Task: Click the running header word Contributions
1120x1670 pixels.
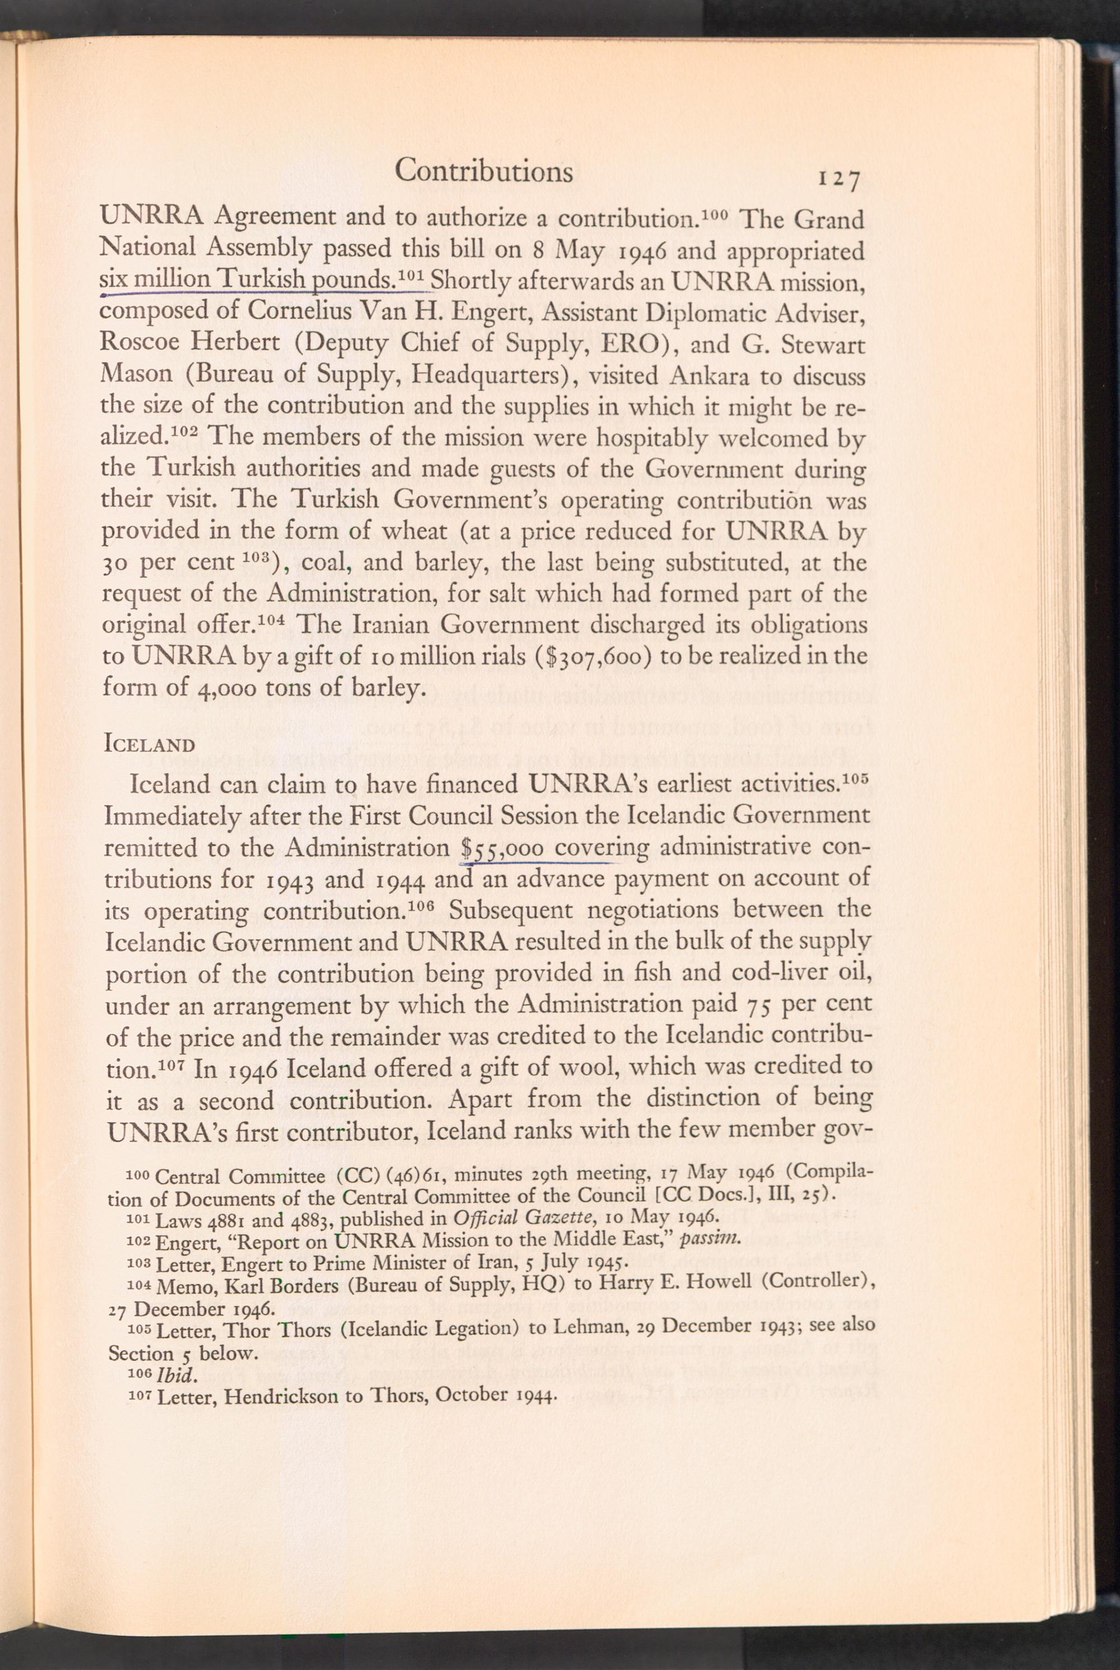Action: point(484,171)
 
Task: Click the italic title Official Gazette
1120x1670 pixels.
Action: point(526,1217)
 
